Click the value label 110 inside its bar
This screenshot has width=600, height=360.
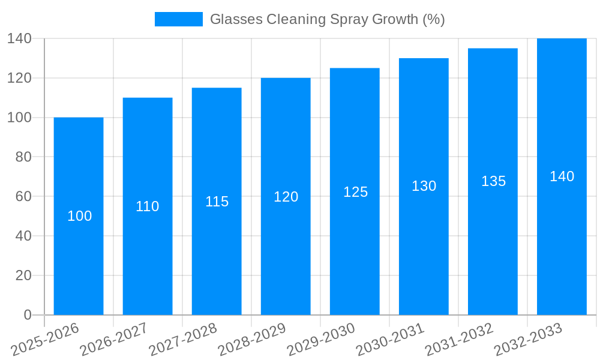[148, 206]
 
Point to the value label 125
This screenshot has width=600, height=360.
[355, 192]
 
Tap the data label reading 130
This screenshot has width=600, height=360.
[424, 186]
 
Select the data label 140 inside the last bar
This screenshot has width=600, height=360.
[562, 176]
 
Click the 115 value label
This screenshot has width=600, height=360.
[217, 202]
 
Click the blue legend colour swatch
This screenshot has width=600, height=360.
[178, 19]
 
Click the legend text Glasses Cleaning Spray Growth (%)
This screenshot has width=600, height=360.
[327, 19]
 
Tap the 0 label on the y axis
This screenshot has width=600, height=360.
[27, 315]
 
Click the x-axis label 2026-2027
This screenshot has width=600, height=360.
[114, 339]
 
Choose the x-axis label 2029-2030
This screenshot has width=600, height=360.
[321, 339]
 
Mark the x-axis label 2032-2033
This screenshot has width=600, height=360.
[528, 339]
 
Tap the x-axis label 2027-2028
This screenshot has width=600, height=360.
[183, 339]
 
